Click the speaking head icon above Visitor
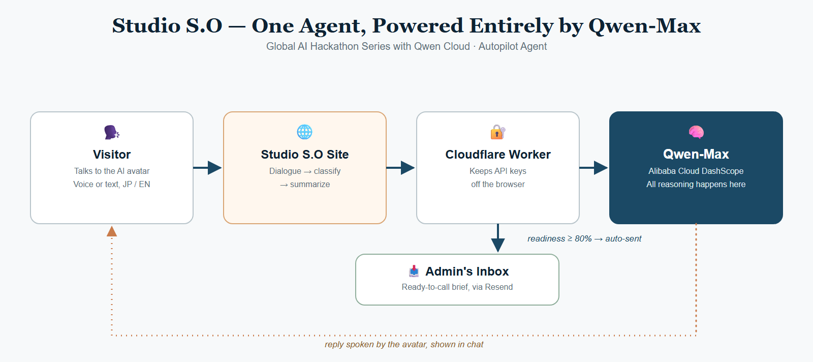[112, 132]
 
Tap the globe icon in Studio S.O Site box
[304, 132]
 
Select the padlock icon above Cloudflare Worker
[498, 132]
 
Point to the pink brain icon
[696, 132]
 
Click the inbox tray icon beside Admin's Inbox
[414, 271]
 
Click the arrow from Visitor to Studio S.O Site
[207, 168]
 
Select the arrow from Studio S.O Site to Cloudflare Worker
[400, 168]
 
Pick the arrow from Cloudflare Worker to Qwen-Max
[593, 168]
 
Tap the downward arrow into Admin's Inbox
[498, 238]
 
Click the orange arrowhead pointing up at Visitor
[112, 231]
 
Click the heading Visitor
[112, 155]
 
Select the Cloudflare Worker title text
[498, 155]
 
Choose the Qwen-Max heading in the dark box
[696, 155]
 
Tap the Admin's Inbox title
[467, 271]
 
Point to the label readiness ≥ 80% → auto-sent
[584, 238]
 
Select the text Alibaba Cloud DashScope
[696, 171]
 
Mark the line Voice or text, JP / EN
[112, 185]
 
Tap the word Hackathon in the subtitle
[339, 46]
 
